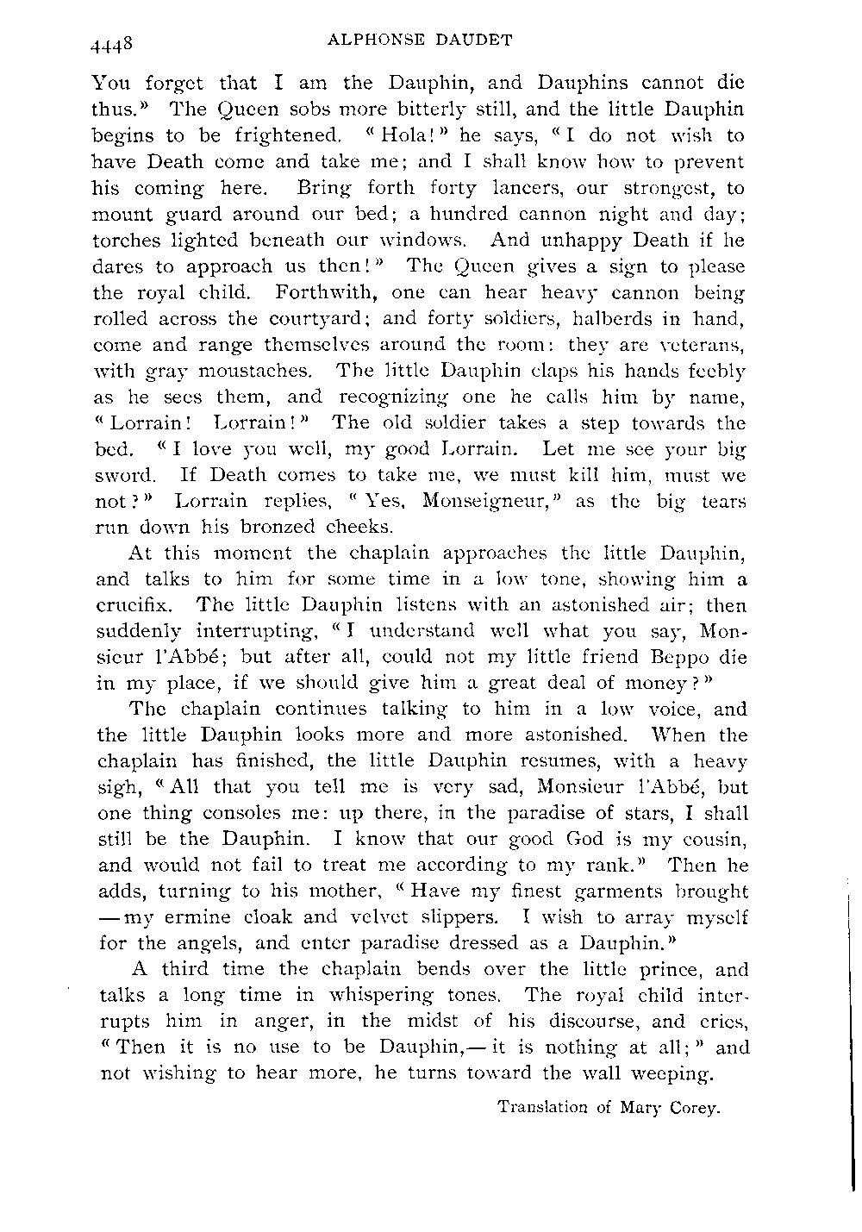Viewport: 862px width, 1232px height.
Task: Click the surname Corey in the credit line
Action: pos(693,1108)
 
